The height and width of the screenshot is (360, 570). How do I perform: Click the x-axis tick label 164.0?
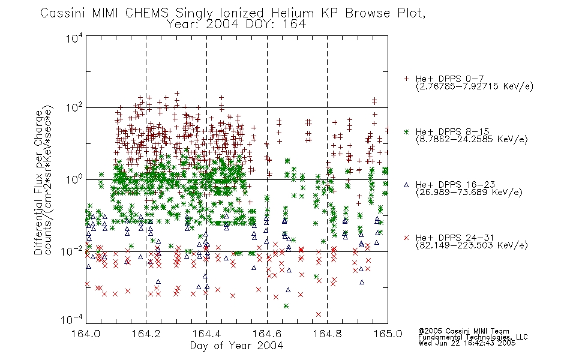click(x=86, y=334)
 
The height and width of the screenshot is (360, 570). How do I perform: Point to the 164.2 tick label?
click(x=146, y=334)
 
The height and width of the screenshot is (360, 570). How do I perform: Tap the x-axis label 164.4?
click(x=206, y=334)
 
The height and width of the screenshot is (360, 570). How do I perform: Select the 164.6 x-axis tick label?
click(x=267, y=334)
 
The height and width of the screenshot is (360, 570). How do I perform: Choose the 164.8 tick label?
click(x=327, y=334)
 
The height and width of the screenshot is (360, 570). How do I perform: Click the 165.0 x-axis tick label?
click(x=388, y=334)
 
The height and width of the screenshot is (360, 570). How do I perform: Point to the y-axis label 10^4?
click(x=74, y=38)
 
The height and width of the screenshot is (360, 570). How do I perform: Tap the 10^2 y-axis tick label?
click(x=74, y=107)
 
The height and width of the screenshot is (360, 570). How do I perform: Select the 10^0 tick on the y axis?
click(x=74, y=179)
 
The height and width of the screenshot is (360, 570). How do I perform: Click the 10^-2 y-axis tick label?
click(x=72, y=251)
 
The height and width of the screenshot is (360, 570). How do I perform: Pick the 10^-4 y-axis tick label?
click(x=72, y=320)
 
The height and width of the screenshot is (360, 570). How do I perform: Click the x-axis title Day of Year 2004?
click(x=236, y=346)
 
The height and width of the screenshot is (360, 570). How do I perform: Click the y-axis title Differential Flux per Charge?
click(x=38, y=182)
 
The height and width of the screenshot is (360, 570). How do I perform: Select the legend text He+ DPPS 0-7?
click(x=449, y=79)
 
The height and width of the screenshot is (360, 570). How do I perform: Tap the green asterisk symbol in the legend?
click(x=406, y=131)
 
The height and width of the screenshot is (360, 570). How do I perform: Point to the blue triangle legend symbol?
click(x=406, y=185)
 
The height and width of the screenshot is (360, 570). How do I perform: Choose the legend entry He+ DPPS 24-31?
click(x=455, y=238)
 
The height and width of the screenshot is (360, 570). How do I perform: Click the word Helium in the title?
click(x=293, y=13)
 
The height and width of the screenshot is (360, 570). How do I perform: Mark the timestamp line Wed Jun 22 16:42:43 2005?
click(x=467, y=343)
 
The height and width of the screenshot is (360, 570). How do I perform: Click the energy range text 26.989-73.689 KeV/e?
click(x=469, y=193)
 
